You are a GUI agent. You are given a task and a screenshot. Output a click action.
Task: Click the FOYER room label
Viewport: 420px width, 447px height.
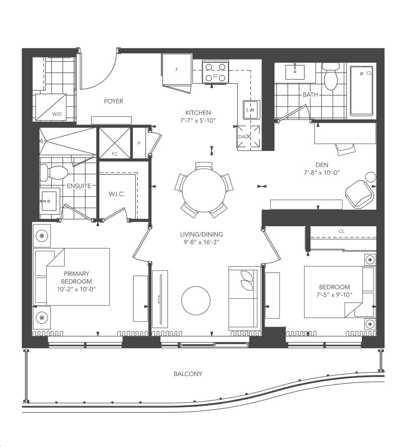point(113,101)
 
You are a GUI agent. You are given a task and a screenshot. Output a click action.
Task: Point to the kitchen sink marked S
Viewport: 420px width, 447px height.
point(251,110)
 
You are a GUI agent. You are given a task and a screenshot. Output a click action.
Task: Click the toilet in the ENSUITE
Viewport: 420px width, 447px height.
point(54,173)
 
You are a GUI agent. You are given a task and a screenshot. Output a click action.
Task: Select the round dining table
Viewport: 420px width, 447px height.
point(204,190)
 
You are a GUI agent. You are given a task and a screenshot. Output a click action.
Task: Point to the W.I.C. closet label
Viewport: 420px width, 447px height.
point(116,194)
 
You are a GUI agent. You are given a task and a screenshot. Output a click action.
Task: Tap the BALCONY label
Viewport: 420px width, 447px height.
point(188,374)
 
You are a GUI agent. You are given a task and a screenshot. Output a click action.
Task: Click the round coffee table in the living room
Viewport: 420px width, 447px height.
point(196,300)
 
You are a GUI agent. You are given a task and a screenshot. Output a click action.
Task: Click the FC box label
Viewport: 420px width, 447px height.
point(114,154)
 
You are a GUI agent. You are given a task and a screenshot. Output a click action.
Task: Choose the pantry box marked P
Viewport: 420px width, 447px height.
point(139,143)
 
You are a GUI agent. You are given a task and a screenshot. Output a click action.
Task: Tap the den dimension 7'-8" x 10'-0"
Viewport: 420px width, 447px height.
point(322,173)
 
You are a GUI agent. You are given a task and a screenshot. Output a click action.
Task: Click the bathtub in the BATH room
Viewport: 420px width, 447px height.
point(362,91)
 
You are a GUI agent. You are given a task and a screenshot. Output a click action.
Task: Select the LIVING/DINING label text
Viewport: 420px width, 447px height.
point(202,234)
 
